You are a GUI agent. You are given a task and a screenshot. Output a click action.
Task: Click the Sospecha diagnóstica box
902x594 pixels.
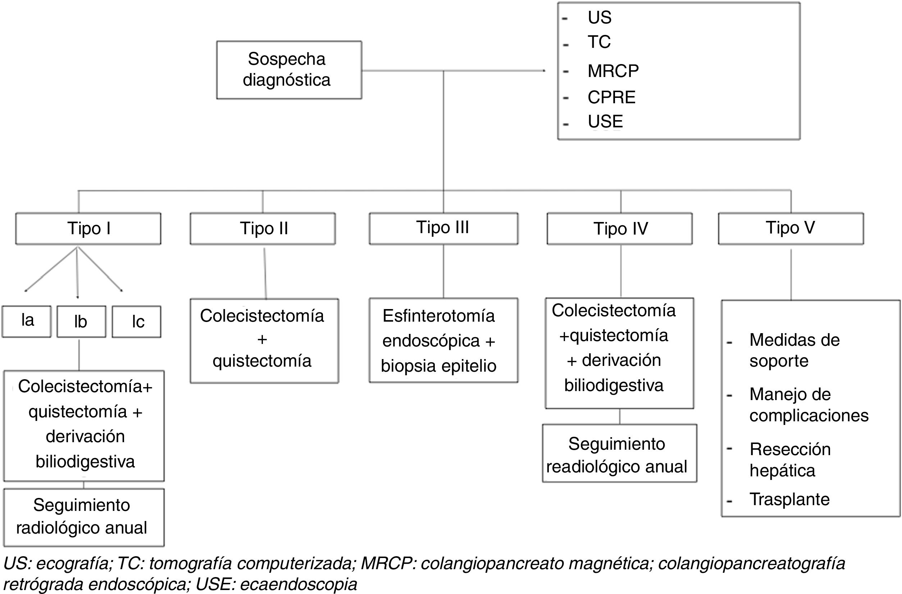pyautogui.click(x=289, y=70)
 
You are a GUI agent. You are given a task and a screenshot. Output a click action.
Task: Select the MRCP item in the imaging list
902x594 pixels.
pyautogui.click(x=613, y=71)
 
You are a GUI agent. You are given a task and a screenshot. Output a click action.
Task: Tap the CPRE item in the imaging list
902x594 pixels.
pyautogui.click(x=611, y=98)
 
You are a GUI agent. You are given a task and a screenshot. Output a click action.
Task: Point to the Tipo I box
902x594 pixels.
pyautogui.click(x=88, y=228)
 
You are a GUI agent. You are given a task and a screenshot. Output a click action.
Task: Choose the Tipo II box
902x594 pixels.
pyautogui.click(x=263, y=228)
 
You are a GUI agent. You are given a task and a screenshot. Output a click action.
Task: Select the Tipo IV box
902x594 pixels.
pyautogui.click(x=620, y=228)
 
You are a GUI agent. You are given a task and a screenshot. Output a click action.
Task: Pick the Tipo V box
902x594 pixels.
pyautogui.click(x=791, y=228)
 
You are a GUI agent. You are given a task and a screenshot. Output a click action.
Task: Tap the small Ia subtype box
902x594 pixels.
pyautogui.click(x=27, y=321)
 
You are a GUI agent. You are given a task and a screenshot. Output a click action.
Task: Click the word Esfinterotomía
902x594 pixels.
pyautogui.click(x=438, y=316)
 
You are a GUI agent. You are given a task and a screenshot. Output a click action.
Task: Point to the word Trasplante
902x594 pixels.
pyautogui.click(x=789, y=499)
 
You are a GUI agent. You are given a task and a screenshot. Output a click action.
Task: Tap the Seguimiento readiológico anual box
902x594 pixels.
pyautogui.click(x=619, y=454)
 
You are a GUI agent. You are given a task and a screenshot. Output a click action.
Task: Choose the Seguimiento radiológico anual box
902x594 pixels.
pyautogui.click(x=84, y=517)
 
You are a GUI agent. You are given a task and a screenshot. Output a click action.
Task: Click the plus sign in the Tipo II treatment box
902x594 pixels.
pyautogui.click(x=262, y=339)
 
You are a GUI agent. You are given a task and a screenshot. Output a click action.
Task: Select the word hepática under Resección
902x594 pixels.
pyautogui.click(x=782, y=471)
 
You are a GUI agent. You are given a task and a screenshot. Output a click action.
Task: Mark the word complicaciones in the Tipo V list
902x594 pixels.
pyautogui.click(x=809, y=416)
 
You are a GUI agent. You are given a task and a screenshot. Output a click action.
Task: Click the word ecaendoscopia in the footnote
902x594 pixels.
pyautogui.click(x=299, y=584)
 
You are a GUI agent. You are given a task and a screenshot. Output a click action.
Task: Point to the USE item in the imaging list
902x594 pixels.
pyautogui.click(x=605, y=122)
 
